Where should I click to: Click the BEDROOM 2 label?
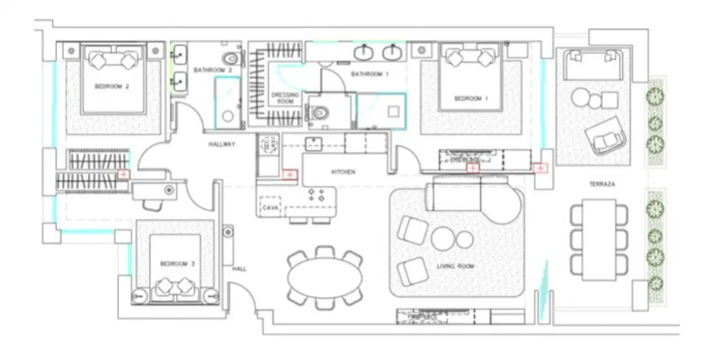112,87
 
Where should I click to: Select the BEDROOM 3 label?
177,264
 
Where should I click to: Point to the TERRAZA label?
602,184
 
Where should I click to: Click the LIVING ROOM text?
455,267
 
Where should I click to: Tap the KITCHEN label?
343,172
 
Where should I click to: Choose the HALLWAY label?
222,145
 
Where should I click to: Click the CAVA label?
270,208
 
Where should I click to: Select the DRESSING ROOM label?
286,98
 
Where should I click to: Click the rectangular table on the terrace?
599,239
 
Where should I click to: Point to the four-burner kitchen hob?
316,195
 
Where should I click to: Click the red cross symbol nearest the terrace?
539,168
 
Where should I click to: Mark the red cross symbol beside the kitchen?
290,175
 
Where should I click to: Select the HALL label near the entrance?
239,268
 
